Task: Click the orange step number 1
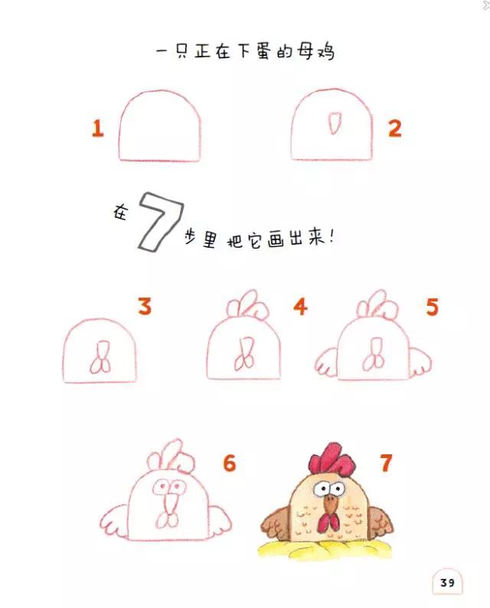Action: [x=97, y=128]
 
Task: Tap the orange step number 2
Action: [x=394, y=128]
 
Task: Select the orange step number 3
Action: [x=144, y=307]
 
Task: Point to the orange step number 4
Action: [x=299, y=307]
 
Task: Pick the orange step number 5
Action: [x=432, y=307]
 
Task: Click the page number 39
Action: [x=446, y=584]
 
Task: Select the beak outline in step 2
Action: [x=334, y=122]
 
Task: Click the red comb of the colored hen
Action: [x=330, y=458]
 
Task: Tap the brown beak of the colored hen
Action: [x=329, y=502]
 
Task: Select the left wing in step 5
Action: [x=328, y=361]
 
